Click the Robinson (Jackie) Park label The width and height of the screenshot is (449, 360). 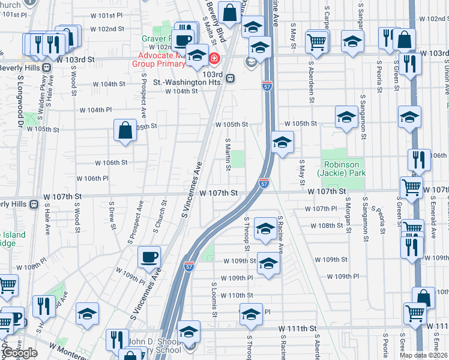coord(342,169)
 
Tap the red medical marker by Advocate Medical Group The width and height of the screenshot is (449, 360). coord(214,58)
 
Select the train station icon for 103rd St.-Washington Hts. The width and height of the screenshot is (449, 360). coord(231,78)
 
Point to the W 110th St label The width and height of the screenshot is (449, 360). coord(237,295)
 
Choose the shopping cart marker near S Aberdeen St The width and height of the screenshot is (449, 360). coord(316,41)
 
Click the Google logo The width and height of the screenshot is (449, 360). coord(20,353)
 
